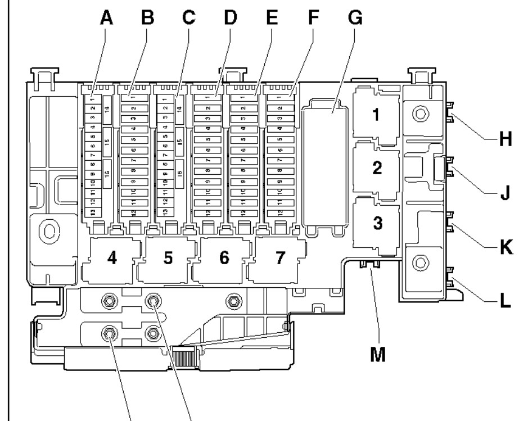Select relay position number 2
pyautogui.click(x=376, y=168)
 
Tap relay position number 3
pyautogui.click(x=376, y=223)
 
